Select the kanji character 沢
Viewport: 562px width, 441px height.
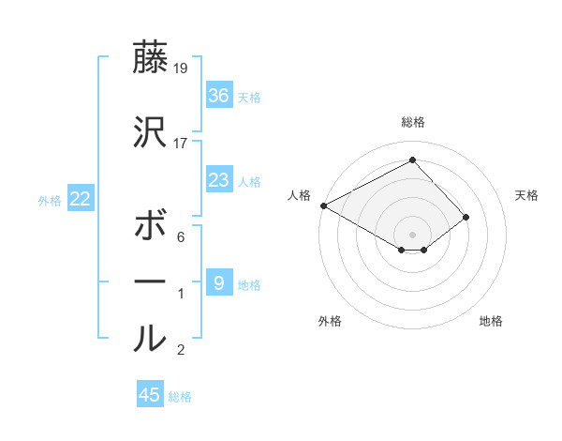150,134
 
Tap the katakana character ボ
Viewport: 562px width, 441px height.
150,228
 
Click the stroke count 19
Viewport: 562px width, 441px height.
181,68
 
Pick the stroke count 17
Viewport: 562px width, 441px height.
181,144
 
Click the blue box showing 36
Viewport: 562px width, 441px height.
218,95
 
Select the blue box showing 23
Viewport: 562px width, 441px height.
218,180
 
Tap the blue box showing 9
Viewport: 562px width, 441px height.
218,282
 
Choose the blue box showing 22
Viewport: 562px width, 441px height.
81,198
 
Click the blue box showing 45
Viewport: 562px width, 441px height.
150,395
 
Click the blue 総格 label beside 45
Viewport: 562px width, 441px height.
180,397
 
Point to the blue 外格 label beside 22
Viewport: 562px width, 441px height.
50,200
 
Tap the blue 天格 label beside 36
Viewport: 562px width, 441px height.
249,97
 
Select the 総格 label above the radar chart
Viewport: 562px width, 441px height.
412,122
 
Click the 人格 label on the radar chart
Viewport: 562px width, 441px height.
300,195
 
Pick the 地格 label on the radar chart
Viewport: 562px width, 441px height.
491,321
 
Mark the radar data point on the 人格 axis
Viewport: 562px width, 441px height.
323,205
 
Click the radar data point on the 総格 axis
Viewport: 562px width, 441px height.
412,160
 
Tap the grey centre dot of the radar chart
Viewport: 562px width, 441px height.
412,234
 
